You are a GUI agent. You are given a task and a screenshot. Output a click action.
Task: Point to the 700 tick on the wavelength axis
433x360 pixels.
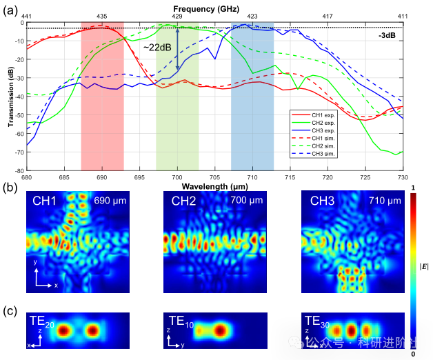click(x=177, y=177)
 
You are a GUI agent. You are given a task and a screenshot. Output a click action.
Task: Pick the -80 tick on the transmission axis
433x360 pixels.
click(x=20, y=170)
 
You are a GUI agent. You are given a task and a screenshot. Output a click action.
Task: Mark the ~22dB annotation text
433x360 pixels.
click(x=158, y=47)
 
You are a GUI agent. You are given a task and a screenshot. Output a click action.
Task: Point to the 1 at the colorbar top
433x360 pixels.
click(x=412, y=188)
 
